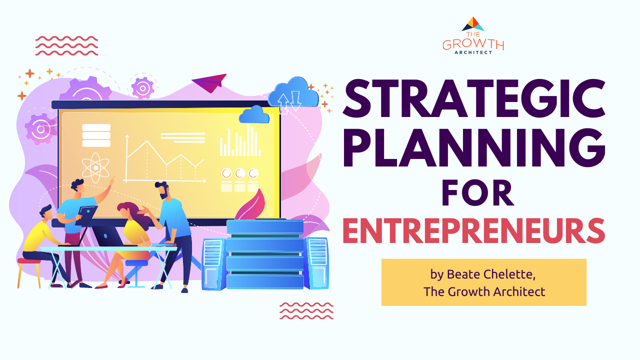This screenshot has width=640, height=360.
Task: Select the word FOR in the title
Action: click(x=478, y=193)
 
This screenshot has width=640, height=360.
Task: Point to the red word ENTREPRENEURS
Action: click(x=473, y=230)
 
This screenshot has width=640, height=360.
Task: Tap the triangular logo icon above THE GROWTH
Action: click(x=473, y=23)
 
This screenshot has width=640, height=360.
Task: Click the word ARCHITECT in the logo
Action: click(x=473, y=52)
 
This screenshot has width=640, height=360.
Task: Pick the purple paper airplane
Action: click(x=209, y=82)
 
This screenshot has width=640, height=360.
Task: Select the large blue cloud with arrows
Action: click(x=293, y=93)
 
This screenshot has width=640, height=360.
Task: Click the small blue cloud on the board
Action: click(x=254, y=114)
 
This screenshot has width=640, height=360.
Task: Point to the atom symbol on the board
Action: click(x=95, y=167)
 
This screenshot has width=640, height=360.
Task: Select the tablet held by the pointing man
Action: click(x=86, y=215)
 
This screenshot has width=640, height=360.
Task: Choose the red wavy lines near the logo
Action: click(x=67, y=45)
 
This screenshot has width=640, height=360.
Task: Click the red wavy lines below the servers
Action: click(x=306, y=310)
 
